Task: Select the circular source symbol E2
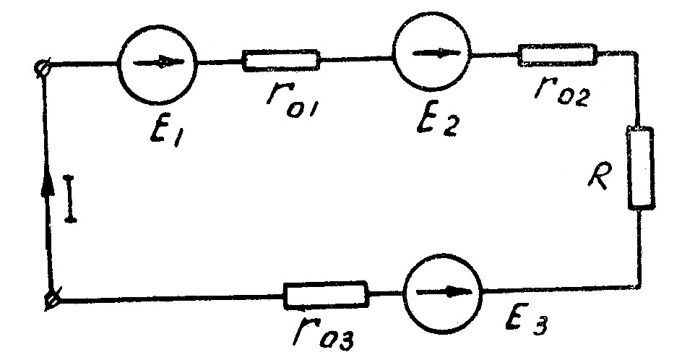point(432,53)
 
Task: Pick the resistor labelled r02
point(558,54)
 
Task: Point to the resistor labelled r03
point(326,294)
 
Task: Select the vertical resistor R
point(641,168)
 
